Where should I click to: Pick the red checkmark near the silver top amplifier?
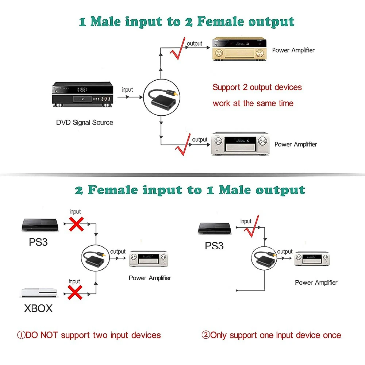click(184, 145)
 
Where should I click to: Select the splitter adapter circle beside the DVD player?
click(161, 97)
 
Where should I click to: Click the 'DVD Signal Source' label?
click(85, 122)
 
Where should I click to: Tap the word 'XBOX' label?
click(38, 308)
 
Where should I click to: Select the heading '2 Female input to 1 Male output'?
click(190, 190)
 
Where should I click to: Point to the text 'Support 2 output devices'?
click(257, 87)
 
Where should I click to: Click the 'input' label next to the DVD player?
click(127, 90)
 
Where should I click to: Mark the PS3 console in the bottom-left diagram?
click(40, 225)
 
